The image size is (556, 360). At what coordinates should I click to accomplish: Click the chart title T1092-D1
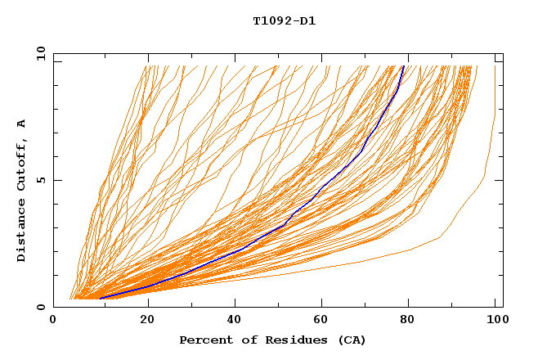coord(284,20)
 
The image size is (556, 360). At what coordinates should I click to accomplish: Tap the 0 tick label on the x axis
coord(53,322)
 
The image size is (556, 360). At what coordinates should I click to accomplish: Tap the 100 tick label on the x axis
coord(495,322)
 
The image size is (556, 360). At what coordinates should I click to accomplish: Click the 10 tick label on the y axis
coord(39,54)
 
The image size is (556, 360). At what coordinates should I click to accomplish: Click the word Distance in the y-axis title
coord(22,233)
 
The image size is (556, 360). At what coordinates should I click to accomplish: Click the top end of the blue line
coord(403,66)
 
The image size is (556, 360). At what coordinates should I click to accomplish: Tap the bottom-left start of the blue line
coord(100,298)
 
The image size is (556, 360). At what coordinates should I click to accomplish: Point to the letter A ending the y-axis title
coord(22,124)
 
